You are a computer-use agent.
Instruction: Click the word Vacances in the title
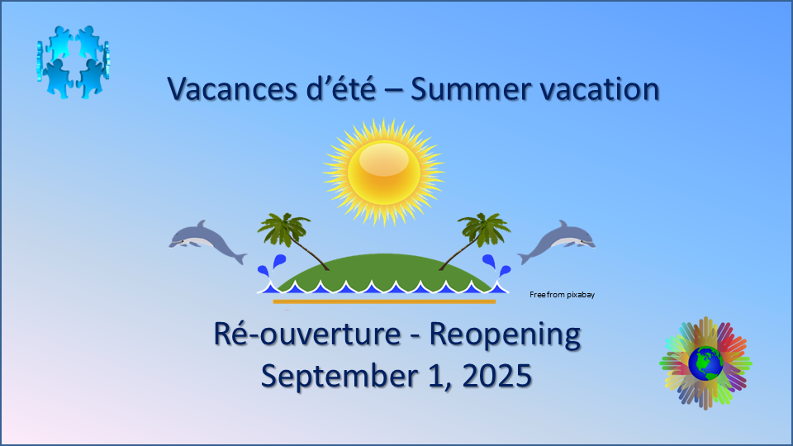point(233,89)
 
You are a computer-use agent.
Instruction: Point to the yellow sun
point(383,172)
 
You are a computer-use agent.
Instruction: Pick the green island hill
point(383,271)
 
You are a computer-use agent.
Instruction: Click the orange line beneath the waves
point(384,302)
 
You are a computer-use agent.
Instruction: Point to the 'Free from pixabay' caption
point(562,295)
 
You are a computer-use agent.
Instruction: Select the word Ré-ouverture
point(307,334)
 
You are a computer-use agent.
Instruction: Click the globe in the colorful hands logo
point(705,363)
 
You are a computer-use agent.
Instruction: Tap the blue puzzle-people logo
point(74,62)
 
